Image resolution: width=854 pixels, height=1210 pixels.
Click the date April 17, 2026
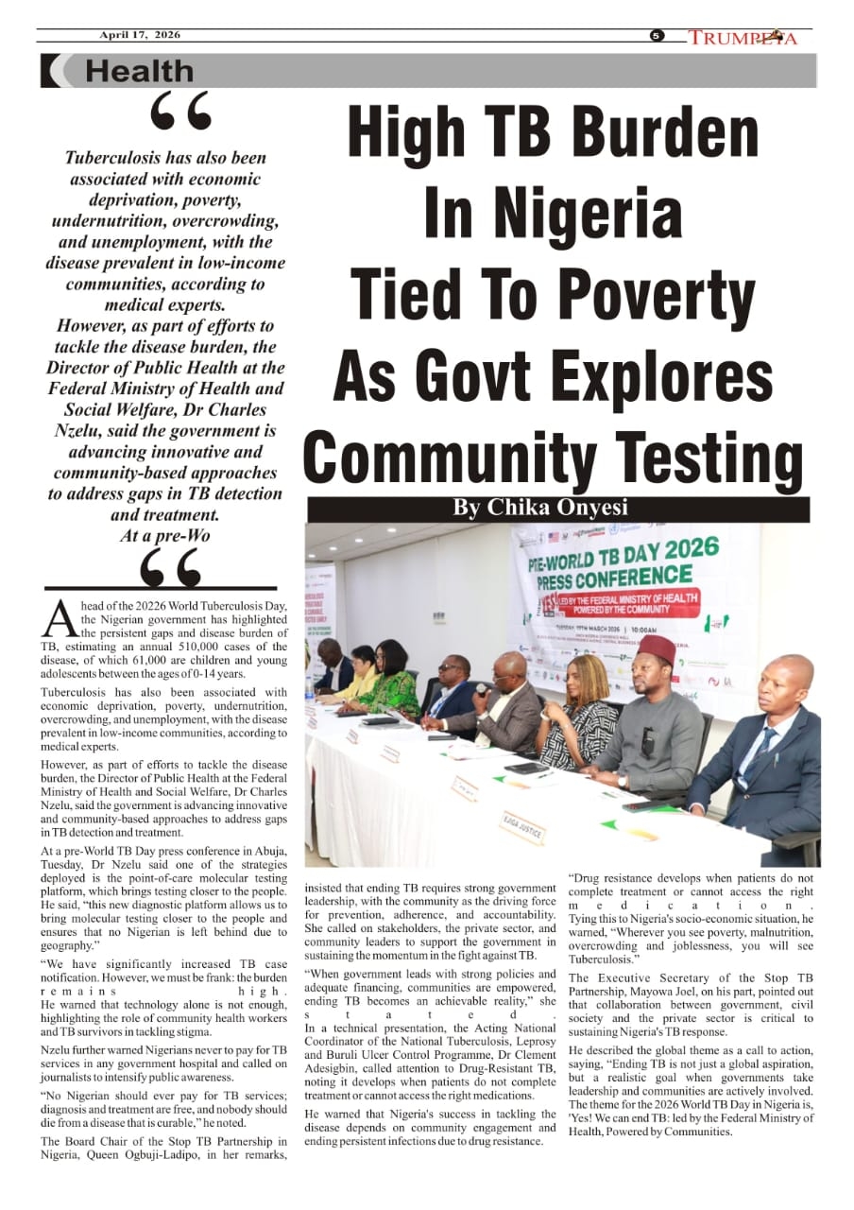pyautogui.click(x=140, y=36)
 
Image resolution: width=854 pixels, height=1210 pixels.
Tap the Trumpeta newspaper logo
pyautogui.click(x=743, y=38)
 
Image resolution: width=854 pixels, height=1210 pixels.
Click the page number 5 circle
pyautogui.click(x=657, y=37)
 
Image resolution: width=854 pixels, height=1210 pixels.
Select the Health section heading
pyautogui.click(x=139, y=71)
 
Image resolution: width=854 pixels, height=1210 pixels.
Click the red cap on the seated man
pyautogui.click(x=655, y=648)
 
